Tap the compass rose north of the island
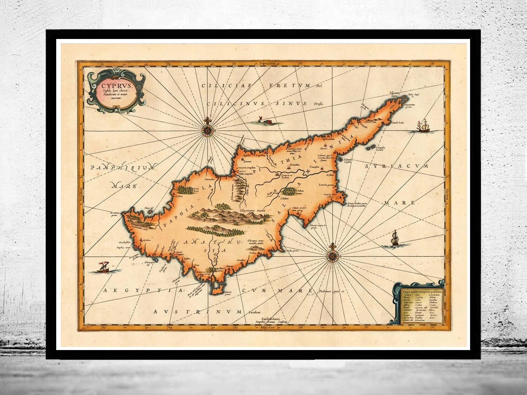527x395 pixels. tap(207, 128)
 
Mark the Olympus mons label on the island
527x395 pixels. tap(252, 210)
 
